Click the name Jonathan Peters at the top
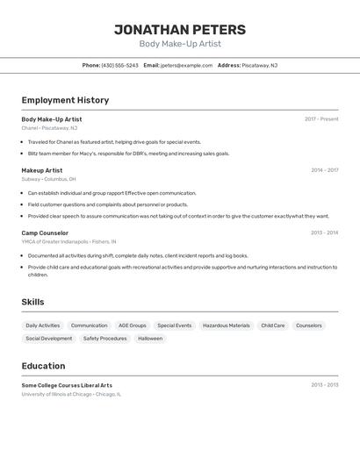pos(180,30)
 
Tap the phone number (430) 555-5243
pos(119,65)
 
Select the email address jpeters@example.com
pos(186,65)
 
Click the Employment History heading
pos(65,100)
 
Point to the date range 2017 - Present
pos(321,118)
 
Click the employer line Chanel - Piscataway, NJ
pos(49,128)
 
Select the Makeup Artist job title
pos(42,170)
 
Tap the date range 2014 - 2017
pos(324,170)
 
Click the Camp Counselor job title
pos(45,232)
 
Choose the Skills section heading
pos(33,302)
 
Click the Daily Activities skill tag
pos(43,325)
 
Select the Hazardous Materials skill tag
pos(227,325)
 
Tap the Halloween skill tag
pos(150,339)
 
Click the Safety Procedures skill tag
pos(104,339)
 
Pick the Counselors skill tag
pos(309,325)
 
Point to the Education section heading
pos(44,366)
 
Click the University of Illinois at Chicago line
pos(71,394)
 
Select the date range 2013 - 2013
pos(324,384)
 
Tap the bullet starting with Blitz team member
pos(128,154)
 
